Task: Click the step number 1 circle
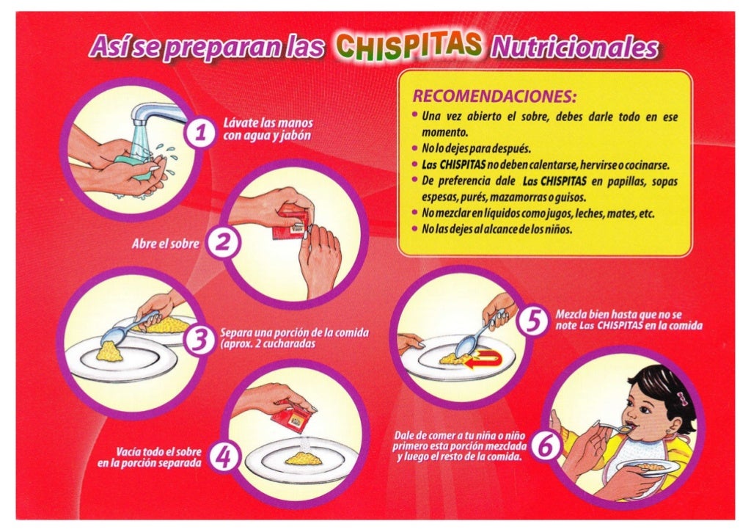pos(200,132)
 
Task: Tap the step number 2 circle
pos(222,242)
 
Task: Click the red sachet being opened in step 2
pos(290,222)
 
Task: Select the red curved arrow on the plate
pos(483,360)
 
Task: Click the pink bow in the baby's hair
pos(681,398)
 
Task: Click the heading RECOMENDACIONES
pos(494,96)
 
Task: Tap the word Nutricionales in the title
pos(574,48)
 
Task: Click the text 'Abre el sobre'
pos(165,244)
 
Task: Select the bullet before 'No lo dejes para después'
pos(415,147)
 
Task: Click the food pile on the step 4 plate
pos(303,459)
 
